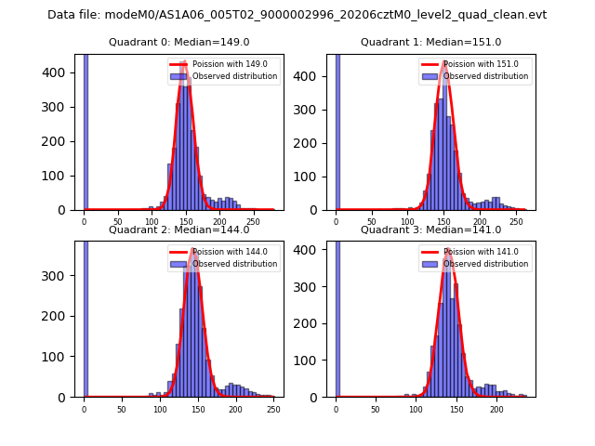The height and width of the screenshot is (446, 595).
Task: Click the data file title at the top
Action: (x=297, y=15)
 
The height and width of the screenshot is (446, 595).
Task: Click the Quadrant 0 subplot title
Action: (x=178, y=42)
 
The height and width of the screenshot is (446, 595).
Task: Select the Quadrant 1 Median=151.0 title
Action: (x=430, y=42)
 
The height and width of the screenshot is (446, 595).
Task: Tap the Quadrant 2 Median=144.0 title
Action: (x=178, y=230)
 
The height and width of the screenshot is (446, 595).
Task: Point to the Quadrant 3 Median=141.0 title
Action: (x=430, y=230)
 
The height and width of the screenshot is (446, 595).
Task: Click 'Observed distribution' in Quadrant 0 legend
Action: (x=234, y=76)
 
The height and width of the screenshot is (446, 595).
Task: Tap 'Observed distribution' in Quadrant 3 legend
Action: (x=486, y=264)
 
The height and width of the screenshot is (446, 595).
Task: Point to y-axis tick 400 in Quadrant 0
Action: (x=60, y=72)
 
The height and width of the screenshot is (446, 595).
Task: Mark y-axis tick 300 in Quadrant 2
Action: (x=60, y=276)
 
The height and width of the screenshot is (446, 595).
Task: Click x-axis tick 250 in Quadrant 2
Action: (x=273, y=408)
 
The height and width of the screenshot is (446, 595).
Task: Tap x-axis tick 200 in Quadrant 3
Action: (x=496, y=408)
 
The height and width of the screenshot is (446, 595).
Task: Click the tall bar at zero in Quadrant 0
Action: (x=86, y=130)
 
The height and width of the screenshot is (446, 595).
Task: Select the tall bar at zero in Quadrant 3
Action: (x=337, y=316)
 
